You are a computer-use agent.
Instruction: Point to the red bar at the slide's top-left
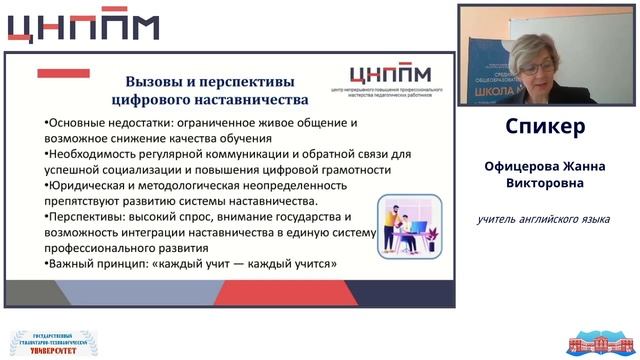63,73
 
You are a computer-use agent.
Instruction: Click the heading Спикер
545,128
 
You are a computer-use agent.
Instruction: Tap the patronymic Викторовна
545,183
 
